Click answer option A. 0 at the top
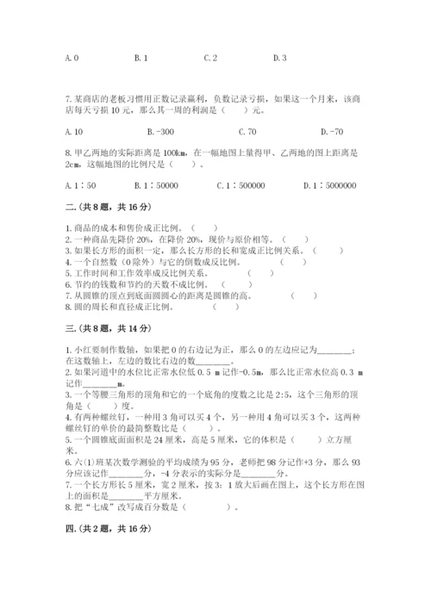[72, 58]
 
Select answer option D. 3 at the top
[279, 58]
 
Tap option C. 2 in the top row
[210, 58]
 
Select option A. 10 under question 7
[73, 132]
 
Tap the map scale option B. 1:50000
[156, 185]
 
